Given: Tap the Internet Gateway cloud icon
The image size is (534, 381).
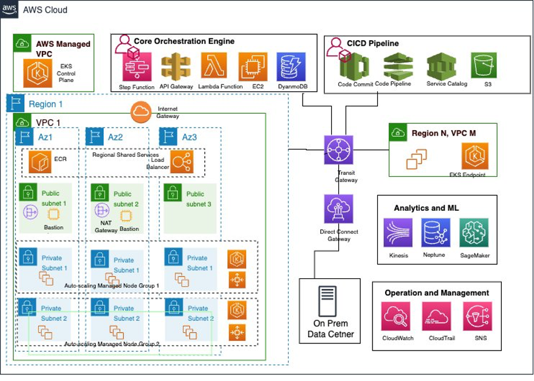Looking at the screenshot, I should [x=141, y=111].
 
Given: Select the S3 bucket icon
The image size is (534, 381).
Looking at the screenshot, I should [x=484, y=65].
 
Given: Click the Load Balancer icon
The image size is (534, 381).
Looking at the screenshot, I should [x=182, y=161].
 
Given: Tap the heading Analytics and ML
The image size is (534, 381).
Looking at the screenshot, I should [x=426, y=208].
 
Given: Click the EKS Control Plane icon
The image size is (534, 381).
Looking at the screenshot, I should [x=38, y=73].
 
